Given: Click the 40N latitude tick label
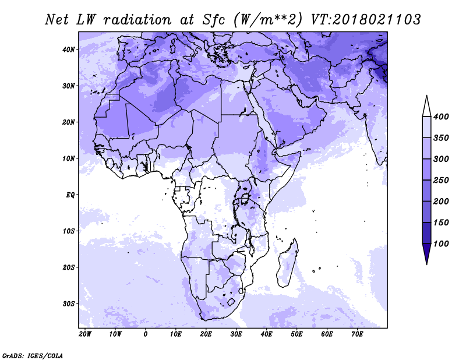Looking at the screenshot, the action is click(69, 50).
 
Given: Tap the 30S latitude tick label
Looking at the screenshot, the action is click(69, 304).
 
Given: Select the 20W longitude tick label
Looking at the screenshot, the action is click(85, 334).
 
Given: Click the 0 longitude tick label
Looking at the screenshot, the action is click(145, 334).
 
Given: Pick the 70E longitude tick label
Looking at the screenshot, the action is click(357, 334).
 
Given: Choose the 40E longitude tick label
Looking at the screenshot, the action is click(266, 334).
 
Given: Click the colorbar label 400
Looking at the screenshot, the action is click(441, 117).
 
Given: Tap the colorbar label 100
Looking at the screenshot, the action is click(441, 243).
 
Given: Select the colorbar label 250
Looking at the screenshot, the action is click(441, 180).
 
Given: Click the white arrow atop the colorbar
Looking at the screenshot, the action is click(427, 107).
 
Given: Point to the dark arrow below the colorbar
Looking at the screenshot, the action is click(427, 253).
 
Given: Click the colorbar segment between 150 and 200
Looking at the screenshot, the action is click(427, 212).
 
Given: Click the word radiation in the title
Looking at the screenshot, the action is click(137, 20).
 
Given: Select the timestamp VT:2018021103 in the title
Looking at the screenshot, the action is click(366, 20).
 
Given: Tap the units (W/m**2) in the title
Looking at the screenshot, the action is click(269, 20).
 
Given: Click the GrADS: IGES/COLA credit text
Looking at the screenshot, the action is click(33, 356).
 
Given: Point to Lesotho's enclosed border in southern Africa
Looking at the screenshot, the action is click(231, 302).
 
